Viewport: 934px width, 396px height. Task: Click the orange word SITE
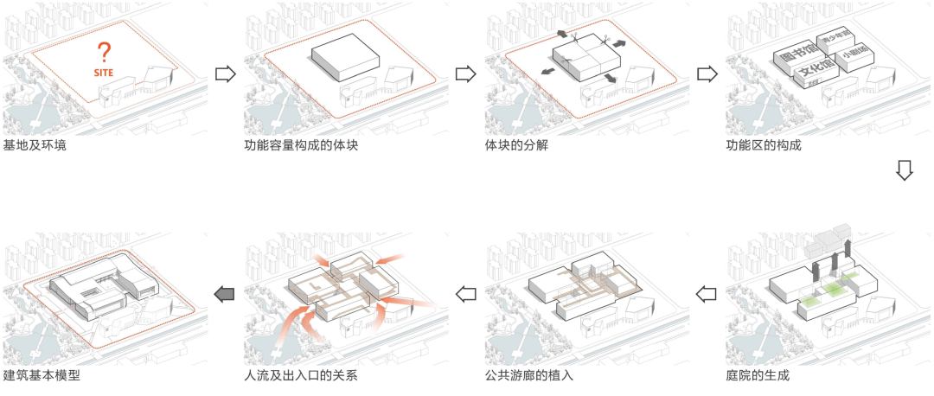pos(104,73)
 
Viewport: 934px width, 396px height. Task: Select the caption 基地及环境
pos(35,144)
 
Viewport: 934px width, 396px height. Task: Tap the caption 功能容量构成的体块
pos(300,144)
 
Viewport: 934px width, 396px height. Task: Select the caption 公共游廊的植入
pos(528,376)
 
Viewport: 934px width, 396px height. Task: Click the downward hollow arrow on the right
pos(904,169)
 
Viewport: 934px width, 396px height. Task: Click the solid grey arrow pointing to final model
pos(225,294)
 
